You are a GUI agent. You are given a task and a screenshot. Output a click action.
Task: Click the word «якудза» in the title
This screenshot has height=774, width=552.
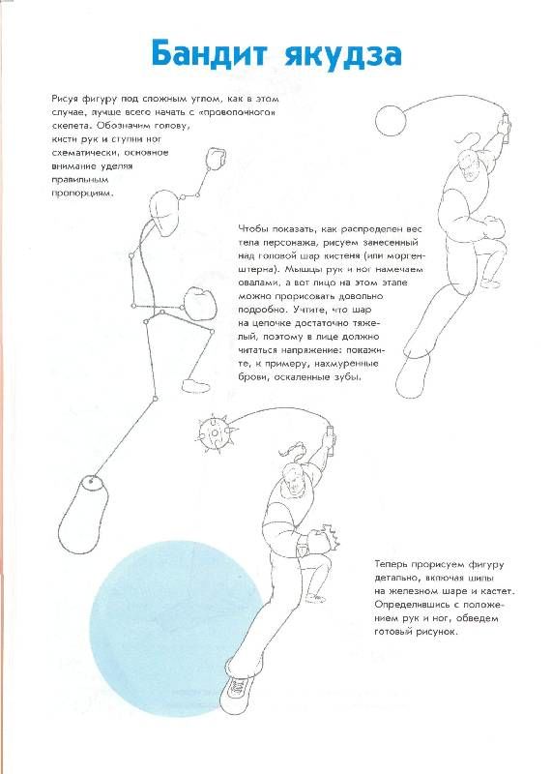343,55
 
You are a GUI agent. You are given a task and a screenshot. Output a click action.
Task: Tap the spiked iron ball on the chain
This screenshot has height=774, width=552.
215,432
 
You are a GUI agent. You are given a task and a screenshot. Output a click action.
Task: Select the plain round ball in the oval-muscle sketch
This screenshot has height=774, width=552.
391,120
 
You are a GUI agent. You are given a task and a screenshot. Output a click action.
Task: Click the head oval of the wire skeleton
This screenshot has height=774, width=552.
163,215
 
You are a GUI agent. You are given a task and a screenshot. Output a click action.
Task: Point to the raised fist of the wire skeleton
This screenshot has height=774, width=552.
216,159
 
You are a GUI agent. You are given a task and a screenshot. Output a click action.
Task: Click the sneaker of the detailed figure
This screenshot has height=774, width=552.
236,693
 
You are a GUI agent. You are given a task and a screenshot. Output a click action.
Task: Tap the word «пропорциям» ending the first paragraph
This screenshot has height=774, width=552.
83,193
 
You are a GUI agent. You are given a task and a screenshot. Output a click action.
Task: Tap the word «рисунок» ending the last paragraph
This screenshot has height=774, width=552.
436,632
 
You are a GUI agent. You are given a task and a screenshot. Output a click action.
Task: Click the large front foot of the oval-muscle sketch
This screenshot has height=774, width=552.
416,377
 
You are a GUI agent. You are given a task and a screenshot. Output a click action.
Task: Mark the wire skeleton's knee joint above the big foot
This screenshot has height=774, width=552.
155,399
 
